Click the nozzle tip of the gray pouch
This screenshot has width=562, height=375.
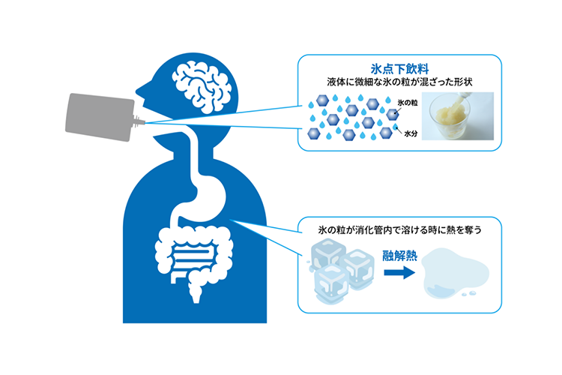143,123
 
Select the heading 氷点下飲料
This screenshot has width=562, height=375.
399,68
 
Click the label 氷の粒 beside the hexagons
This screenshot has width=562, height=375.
408,103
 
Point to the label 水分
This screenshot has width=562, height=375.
411,133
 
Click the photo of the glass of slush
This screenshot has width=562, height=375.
458,116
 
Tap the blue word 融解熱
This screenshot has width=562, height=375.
399,256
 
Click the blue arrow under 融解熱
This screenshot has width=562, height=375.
399,272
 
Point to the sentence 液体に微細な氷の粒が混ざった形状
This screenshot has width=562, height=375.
399,82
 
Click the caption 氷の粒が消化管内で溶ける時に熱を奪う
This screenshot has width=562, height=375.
399,229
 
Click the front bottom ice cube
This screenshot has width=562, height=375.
332,283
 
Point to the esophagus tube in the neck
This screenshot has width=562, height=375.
195,154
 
